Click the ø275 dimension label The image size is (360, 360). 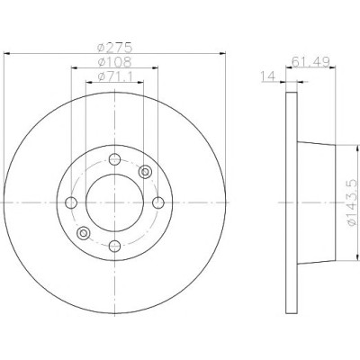click(115, 48)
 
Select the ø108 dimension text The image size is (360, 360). click(115, 62)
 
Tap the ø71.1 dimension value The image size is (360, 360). click(115, 76)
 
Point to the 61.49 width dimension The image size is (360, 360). click(310, 62)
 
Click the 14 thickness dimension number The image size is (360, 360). click(268, 76)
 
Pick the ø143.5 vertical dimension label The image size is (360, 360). click(353, 202)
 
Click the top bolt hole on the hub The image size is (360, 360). click(114, 159)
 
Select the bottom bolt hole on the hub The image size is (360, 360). click(114, 247)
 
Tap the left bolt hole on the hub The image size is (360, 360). click(71, 202)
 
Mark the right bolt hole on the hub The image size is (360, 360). click(158, 202)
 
